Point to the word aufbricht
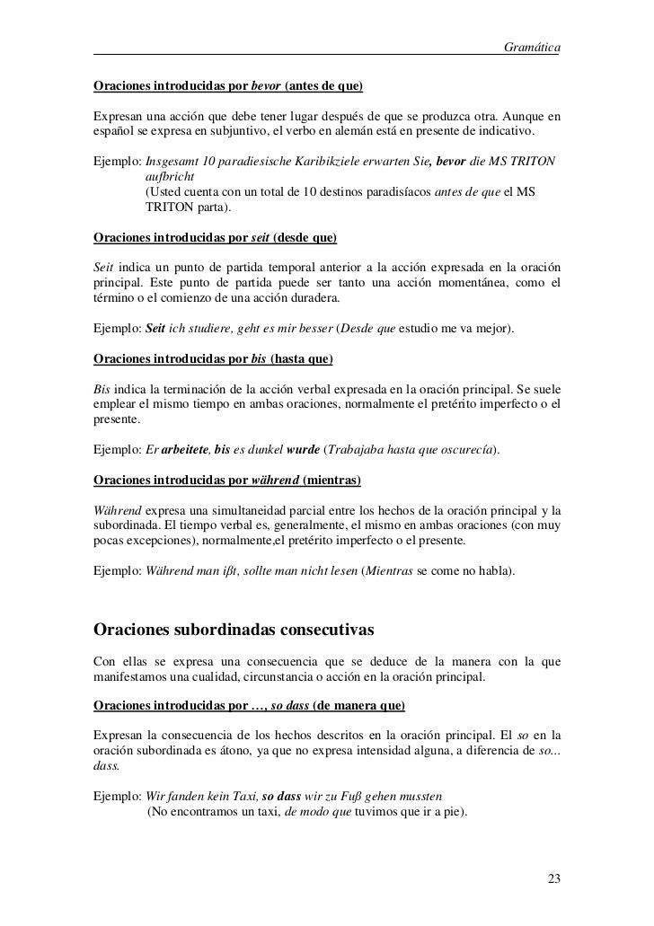tap(169, 179)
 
